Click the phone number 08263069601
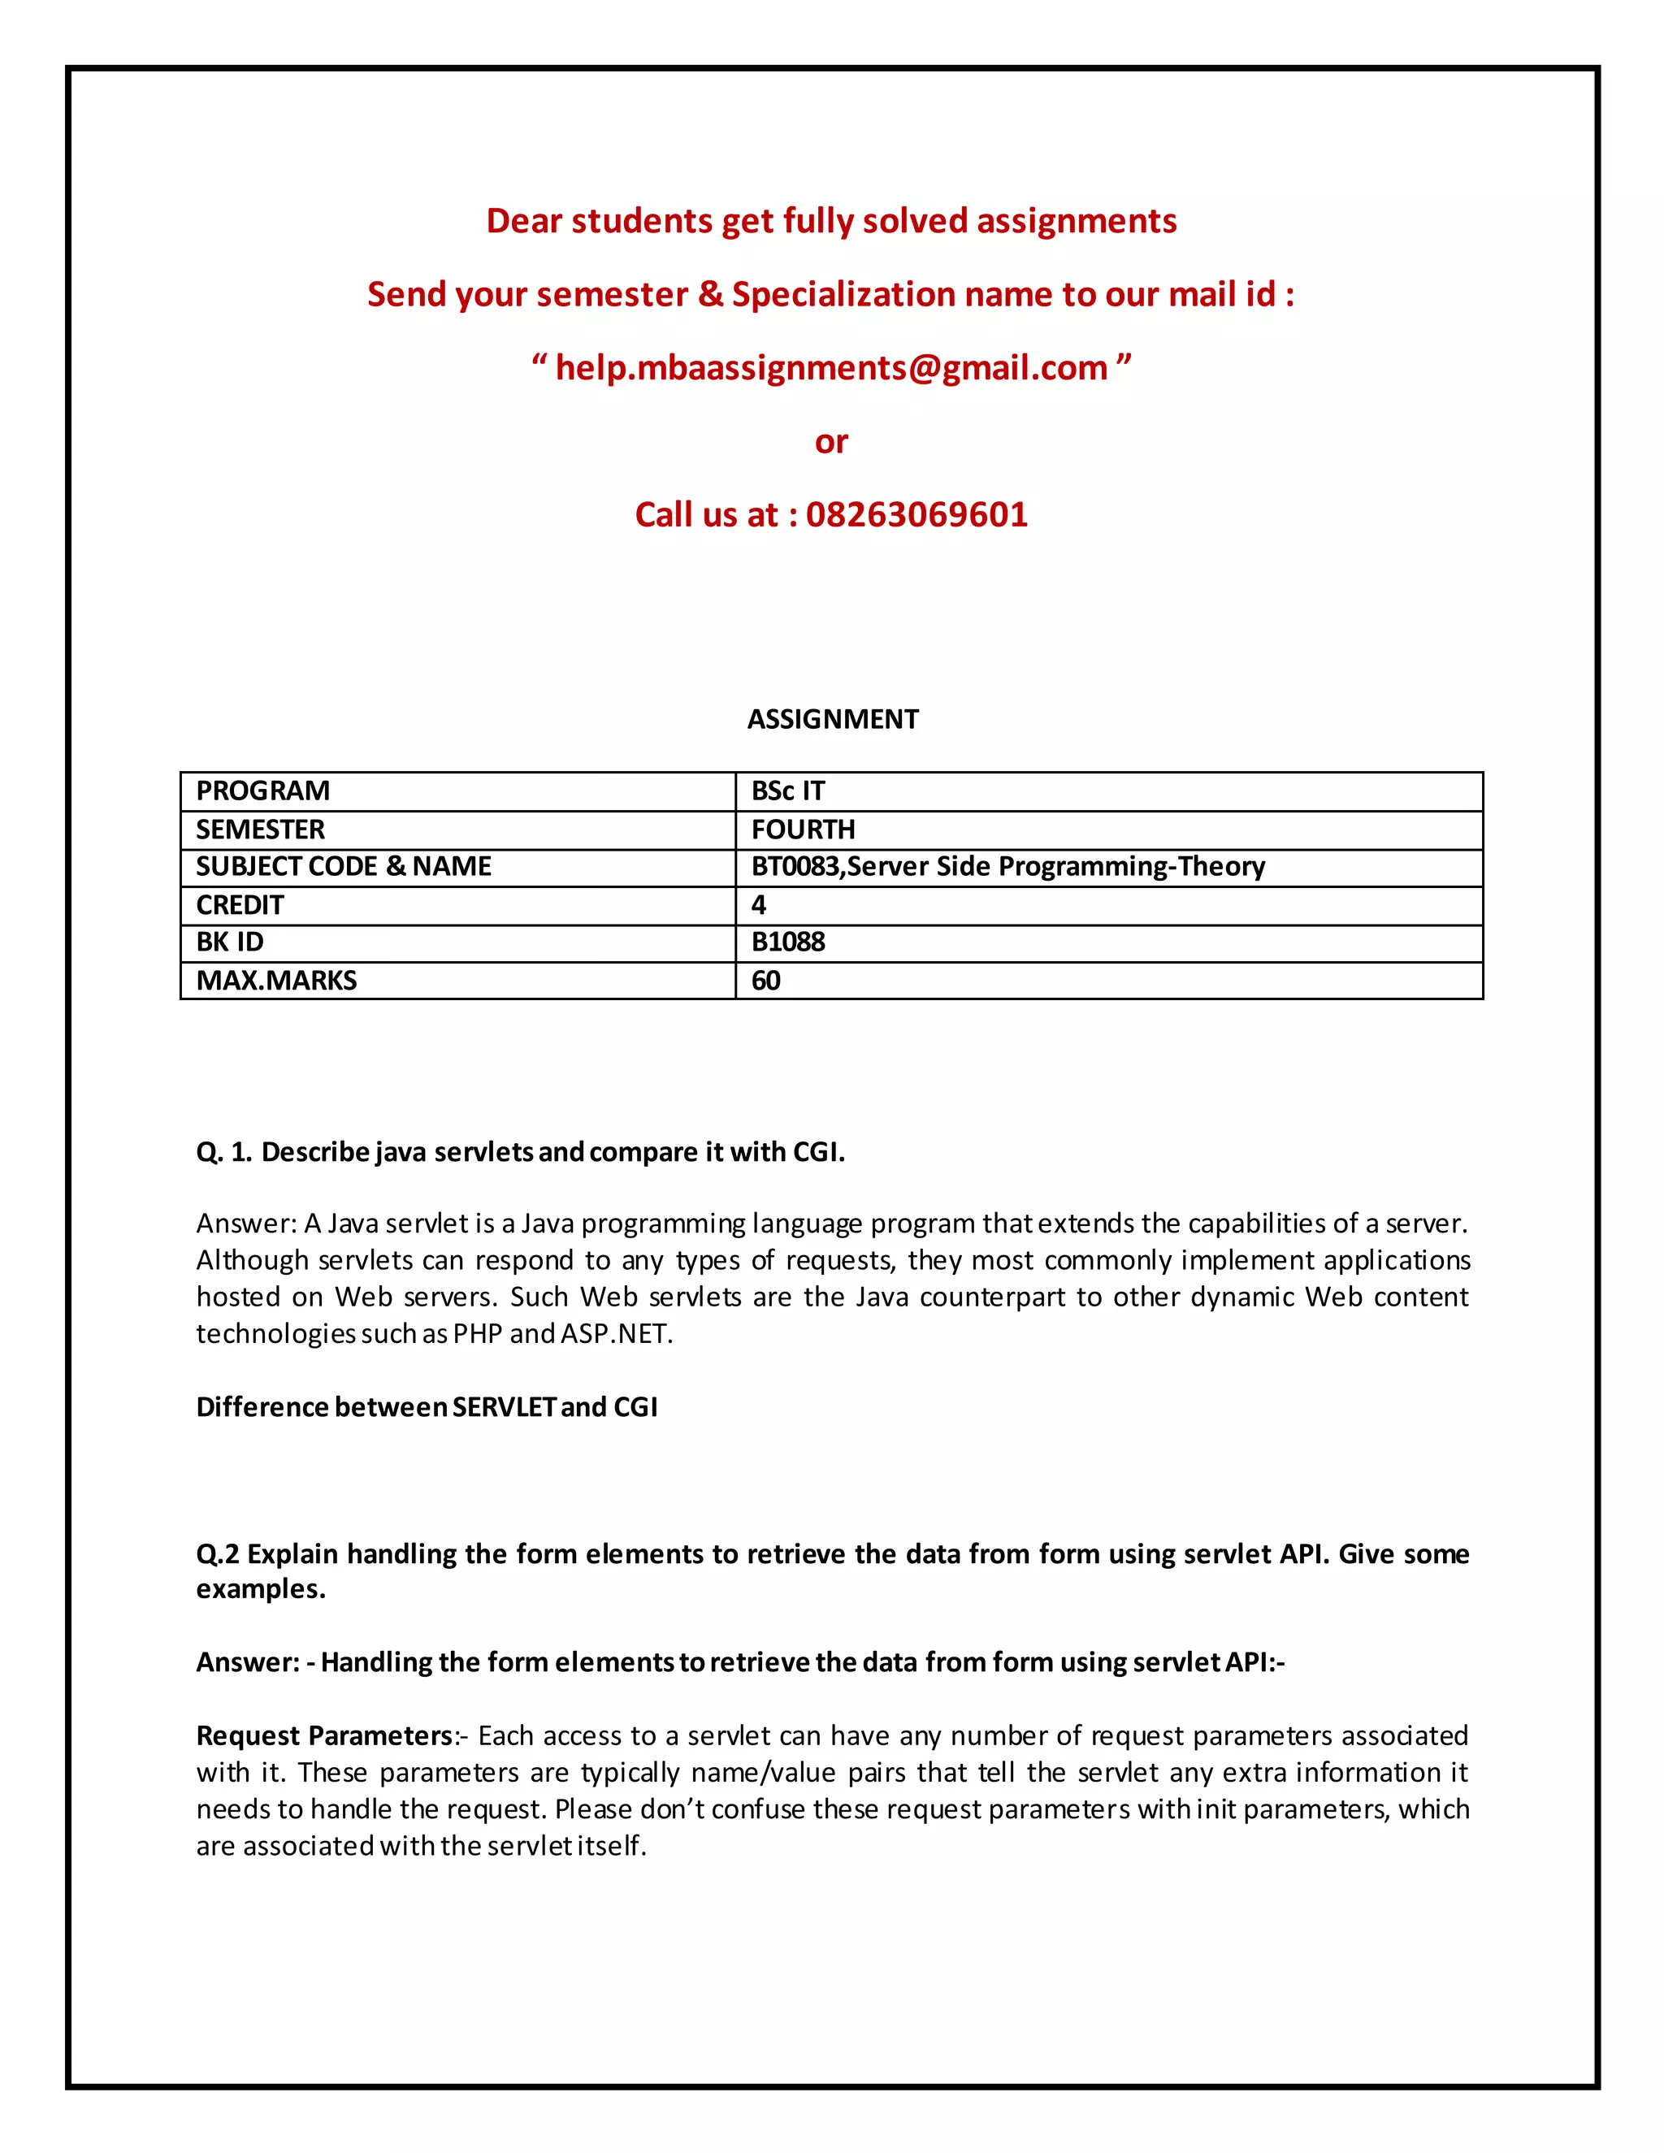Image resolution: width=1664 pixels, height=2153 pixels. [x=916, y=514]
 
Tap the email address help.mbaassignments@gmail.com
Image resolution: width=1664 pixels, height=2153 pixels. [x=831, y=368]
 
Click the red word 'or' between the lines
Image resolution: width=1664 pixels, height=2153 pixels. [x=831, y=443]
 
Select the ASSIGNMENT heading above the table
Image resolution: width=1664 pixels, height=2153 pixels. [x=832, y=720]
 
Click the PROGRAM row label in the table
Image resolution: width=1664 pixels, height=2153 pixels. [x=263, y=791]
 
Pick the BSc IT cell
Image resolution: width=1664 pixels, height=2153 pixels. [x=787, y=791]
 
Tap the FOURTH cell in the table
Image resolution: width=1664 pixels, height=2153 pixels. [x=803, y=829]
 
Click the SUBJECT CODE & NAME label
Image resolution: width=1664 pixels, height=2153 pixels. [x=343, y=867]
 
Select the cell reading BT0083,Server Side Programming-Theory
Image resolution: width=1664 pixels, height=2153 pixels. [x=1007, y=867]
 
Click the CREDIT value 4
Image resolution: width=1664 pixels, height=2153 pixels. [x=758, y=905]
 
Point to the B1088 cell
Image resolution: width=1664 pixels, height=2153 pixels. [x=787, y=942]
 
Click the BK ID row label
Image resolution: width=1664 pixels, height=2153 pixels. [x=230, y=942]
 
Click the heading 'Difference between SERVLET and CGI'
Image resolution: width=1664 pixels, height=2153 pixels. [x=426, y=1406]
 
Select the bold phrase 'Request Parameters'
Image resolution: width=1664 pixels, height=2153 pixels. [x=324, y=1736]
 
